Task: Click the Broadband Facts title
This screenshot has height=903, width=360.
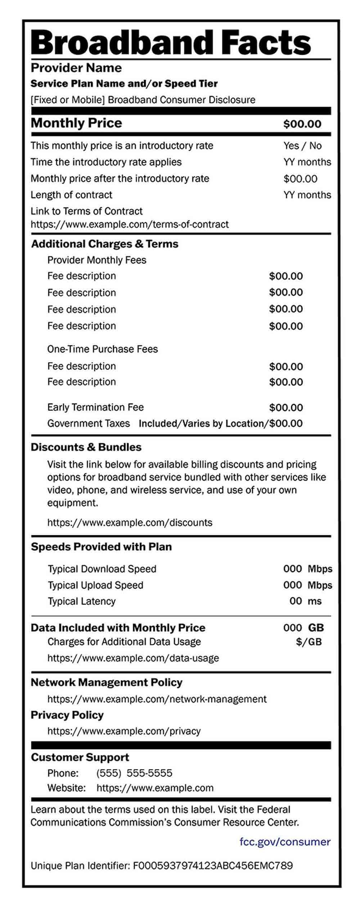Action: tap(171, 42)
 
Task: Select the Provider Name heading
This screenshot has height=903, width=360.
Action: tap(76, 68)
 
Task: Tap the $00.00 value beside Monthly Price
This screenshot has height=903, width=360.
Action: tap(302, 124)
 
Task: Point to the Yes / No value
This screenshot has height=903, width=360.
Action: tap(302, 146)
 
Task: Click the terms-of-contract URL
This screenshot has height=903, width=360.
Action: tap(130, 225)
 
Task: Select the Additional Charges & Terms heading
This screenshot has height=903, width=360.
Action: tap(105, 244)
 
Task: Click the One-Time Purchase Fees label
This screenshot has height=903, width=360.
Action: tap(103, 349)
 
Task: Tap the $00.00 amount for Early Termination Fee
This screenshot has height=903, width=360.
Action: tap(286, 408)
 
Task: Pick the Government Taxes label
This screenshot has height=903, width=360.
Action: tap(89, 423)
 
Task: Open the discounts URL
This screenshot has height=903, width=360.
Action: tap(130, 523)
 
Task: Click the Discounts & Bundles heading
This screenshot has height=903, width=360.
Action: tap(86, 447)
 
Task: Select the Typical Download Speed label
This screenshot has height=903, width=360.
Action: tap(102, 569)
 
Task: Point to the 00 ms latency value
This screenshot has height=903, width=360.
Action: tap(305, 601)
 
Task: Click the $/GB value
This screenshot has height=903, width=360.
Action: tap(309, 642)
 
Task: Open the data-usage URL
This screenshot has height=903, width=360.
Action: tap(133, 658)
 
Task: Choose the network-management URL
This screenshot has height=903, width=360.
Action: tap(157, 699)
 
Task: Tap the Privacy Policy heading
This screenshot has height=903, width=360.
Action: tap(67, 715)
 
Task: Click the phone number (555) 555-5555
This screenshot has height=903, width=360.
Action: tap(134, 773)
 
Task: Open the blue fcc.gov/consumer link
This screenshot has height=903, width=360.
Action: tap(285, 842)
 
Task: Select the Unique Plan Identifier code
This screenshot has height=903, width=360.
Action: tap(213, 866)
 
